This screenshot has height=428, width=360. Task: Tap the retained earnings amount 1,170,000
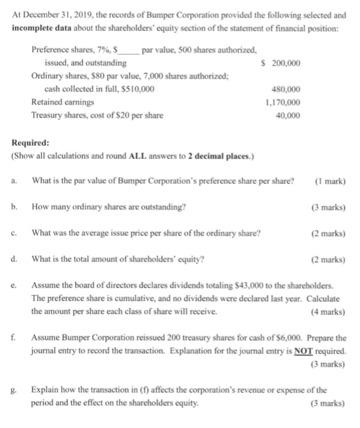pyautogui.click(x=283, y=102)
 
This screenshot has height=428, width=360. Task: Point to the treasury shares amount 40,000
pyautogui.click(x=289, y=115)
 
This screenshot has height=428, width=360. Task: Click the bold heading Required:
pyautogui.click(x=31, y=143)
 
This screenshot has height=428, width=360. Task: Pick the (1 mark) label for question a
pyautogui.click(x=329, y=182)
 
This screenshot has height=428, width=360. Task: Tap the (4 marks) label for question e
pyautogui.click(x=327, y=311)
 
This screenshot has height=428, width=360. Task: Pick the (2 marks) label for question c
pyautogui.click(x=327, y=233)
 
